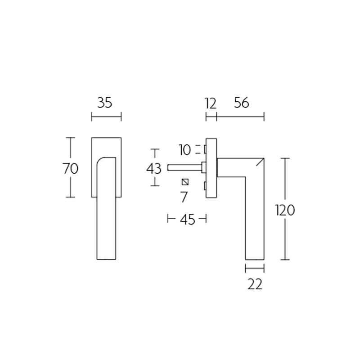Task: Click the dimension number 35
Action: (104, 103)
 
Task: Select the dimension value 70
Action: (70, 168)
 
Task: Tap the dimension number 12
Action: (210, 103)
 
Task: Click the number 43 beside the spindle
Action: (154, 169)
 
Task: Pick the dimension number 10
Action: (184, 149)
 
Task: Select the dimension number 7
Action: (184, 197)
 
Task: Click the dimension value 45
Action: (187, 220)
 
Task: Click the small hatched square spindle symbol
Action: (184, 182)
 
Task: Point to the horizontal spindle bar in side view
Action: (184, 167)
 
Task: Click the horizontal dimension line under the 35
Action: (106, 117)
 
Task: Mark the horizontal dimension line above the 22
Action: (255, 269)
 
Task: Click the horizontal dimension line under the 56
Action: (240, 117)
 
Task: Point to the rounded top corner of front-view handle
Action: (101, 160)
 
